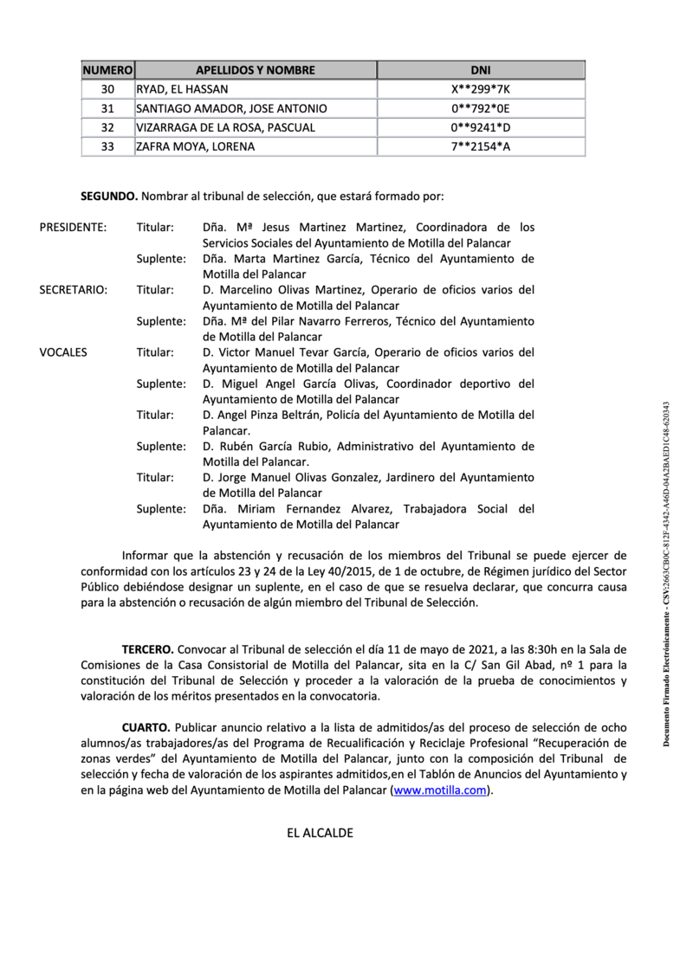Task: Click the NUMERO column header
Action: pos(107,70)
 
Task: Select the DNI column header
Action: pos(479,70)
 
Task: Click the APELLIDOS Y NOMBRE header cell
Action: pos(255,70)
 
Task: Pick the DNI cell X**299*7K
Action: pos(479,89)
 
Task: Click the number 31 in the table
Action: pos(107,108)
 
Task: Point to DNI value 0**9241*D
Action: pos(479,127)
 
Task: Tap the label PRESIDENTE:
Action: pos(74,228)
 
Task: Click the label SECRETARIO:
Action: pos(74,290)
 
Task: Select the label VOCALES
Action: pos(63,352)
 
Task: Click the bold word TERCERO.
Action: pos(147,648)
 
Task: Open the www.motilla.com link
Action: pos(441,790)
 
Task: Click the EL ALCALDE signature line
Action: pos(320,834)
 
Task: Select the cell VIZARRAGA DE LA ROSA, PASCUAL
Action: pos(225,127)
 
